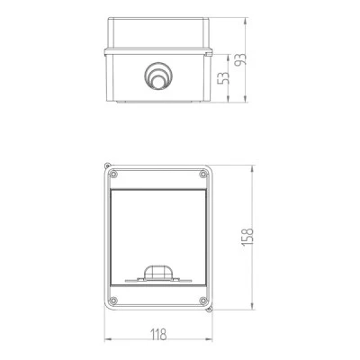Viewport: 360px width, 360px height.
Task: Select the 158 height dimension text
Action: click(247, 237)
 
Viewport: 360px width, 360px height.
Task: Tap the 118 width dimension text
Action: click(158, 335)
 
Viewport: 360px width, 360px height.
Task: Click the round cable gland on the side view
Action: click(158, 76)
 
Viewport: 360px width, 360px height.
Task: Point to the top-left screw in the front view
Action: click(113, 174)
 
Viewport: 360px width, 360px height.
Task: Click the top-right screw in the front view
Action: click(203, 174)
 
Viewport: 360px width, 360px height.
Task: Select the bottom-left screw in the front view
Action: click(113, 300)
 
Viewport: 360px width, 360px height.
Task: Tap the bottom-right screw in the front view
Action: click(203, 300)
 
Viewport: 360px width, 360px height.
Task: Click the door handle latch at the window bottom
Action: click(158, 274)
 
